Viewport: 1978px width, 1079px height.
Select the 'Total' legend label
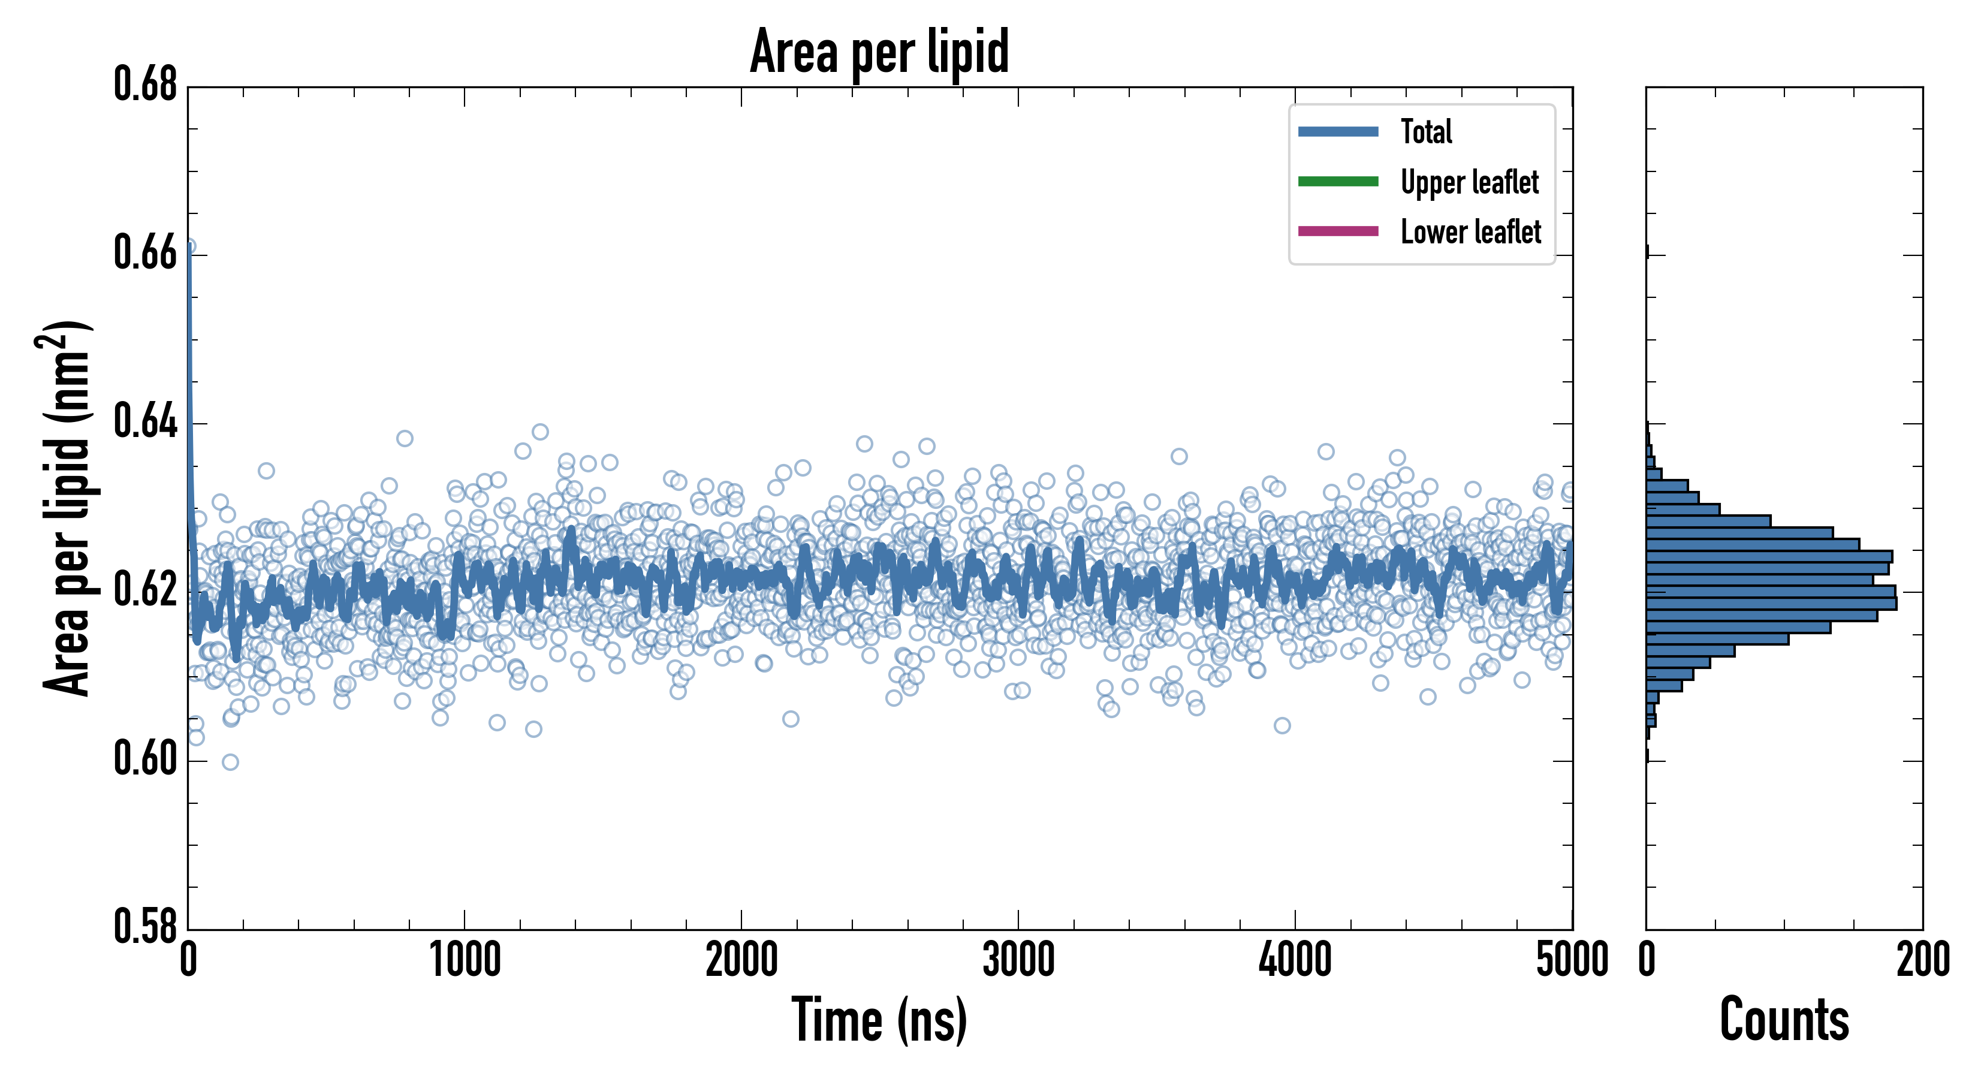[x=1426, y=131]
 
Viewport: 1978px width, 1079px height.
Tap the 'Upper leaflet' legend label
[x=1470, y=182]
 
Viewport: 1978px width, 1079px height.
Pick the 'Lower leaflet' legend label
[x=1470, y=232]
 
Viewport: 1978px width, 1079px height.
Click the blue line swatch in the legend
[x=1338, y=131]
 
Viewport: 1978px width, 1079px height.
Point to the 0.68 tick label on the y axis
[x=146, y=85]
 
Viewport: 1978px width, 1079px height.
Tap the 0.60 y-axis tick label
[x=146, y=759]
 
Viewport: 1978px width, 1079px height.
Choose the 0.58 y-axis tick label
[x=146, y=927]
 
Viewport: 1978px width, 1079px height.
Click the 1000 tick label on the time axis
[x=465, y=960]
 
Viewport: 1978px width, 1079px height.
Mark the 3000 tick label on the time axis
[x=1018, y=960]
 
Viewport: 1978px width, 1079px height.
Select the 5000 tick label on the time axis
[x=1572, y=960]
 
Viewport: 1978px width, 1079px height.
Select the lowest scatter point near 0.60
[x=230, y=762]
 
